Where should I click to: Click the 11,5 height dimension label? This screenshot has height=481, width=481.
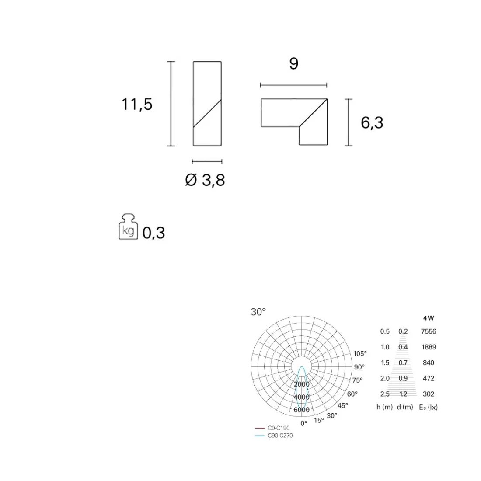tap(137, 105)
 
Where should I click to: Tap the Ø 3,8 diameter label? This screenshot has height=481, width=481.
tap(205, 180)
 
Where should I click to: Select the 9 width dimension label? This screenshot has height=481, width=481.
tap(293, 63)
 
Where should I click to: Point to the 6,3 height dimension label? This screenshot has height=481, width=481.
tap(372, 123)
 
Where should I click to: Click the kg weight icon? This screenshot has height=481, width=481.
tap(128, 227)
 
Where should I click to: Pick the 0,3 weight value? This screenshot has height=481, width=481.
tap(153, 233)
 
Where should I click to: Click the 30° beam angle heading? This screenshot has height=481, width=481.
tap(258, 312)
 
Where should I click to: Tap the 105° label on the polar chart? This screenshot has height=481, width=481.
tap(360, 354)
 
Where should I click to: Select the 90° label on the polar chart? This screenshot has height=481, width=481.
tap(359, 367)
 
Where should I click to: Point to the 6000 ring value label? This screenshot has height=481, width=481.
tap(302, 410)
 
